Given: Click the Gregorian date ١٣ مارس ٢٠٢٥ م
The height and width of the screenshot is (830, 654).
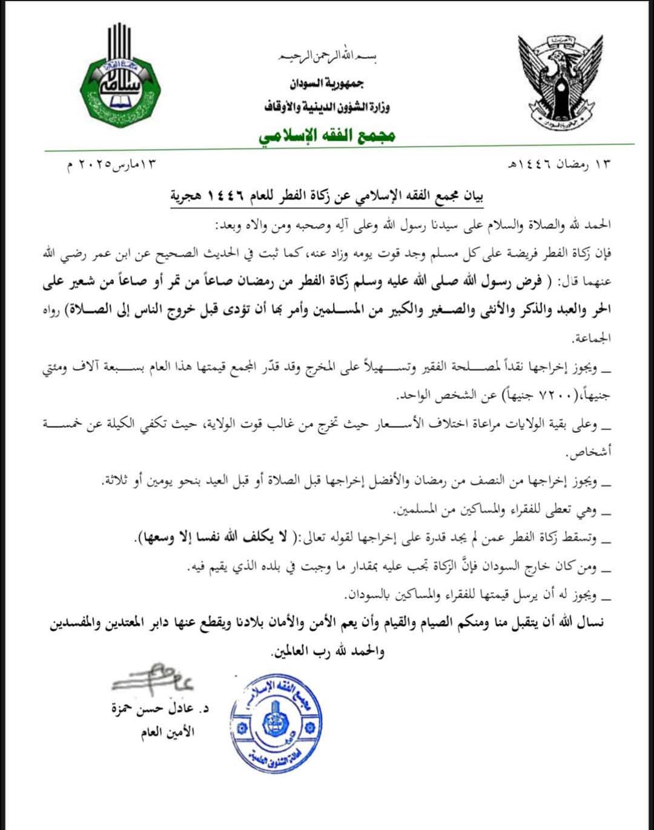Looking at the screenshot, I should click(x=116, y=165).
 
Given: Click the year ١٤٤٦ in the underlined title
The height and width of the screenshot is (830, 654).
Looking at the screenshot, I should click(x=226, y=196).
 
